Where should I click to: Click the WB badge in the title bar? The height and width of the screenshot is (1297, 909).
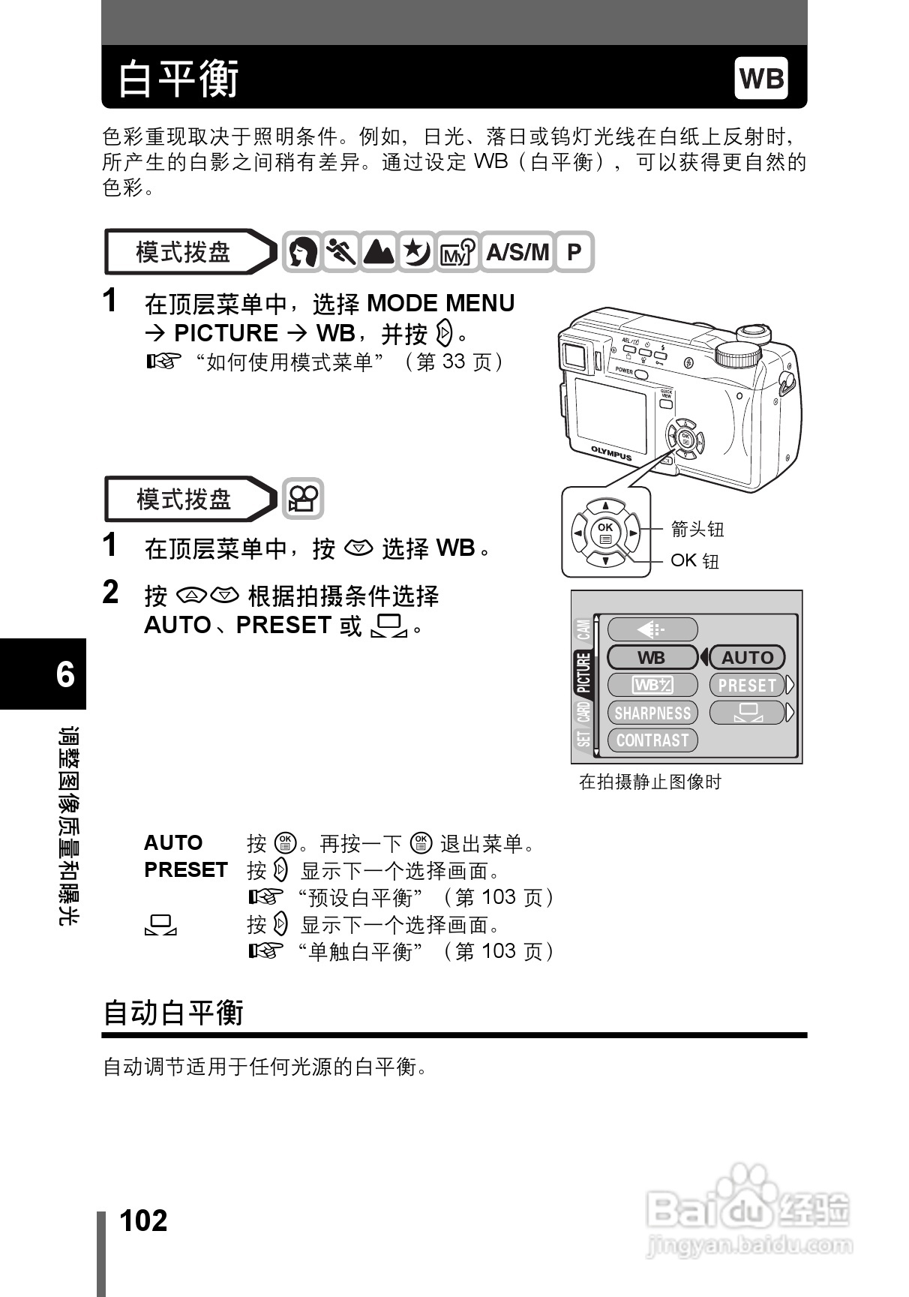[x=761, y=78]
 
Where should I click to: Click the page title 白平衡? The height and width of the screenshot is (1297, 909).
[x=178, y=79]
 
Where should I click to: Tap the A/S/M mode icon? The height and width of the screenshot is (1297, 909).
[x=517, y=252]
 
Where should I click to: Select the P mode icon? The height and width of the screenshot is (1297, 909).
[x=574, y=252]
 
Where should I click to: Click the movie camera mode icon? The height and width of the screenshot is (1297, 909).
[x=303, y=499]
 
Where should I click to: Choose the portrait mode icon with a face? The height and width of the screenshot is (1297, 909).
[x=302, y=252]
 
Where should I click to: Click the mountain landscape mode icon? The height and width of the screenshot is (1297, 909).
[x=379, y=252]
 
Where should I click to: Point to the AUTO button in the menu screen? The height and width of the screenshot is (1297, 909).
[x=747, y=658]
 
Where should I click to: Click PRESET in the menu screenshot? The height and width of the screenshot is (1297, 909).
[x=747, y=686]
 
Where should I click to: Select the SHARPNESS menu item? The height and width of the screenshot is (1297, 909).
[x=652, y=713]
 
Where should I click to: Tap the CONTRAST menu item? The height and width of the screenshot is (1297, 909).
[x=652, y=740]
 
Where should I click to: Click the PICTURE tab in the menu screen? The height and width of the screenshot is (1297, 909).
[x=584, y=673]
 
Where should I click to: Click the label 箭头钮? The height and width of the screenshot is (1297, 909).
[x=697, y=530]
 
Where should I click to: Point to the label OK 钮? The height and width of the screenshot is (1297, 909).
[x=694, y=561]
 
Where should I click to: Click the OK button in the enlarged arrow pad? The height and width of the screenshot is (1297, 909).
[x=605, y=533]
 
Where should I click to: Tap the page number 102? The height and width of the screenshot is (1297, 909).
[x=144, y=1220]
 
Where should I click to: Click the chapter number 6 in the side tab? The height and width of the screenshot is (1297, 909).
[x=65, y=674]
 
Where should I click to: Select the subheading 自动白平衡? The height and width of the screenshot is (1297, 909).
[x=173, y=1013]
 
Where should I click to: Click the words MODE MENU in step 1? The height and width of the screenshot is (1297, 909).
[x=440, y=304]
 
